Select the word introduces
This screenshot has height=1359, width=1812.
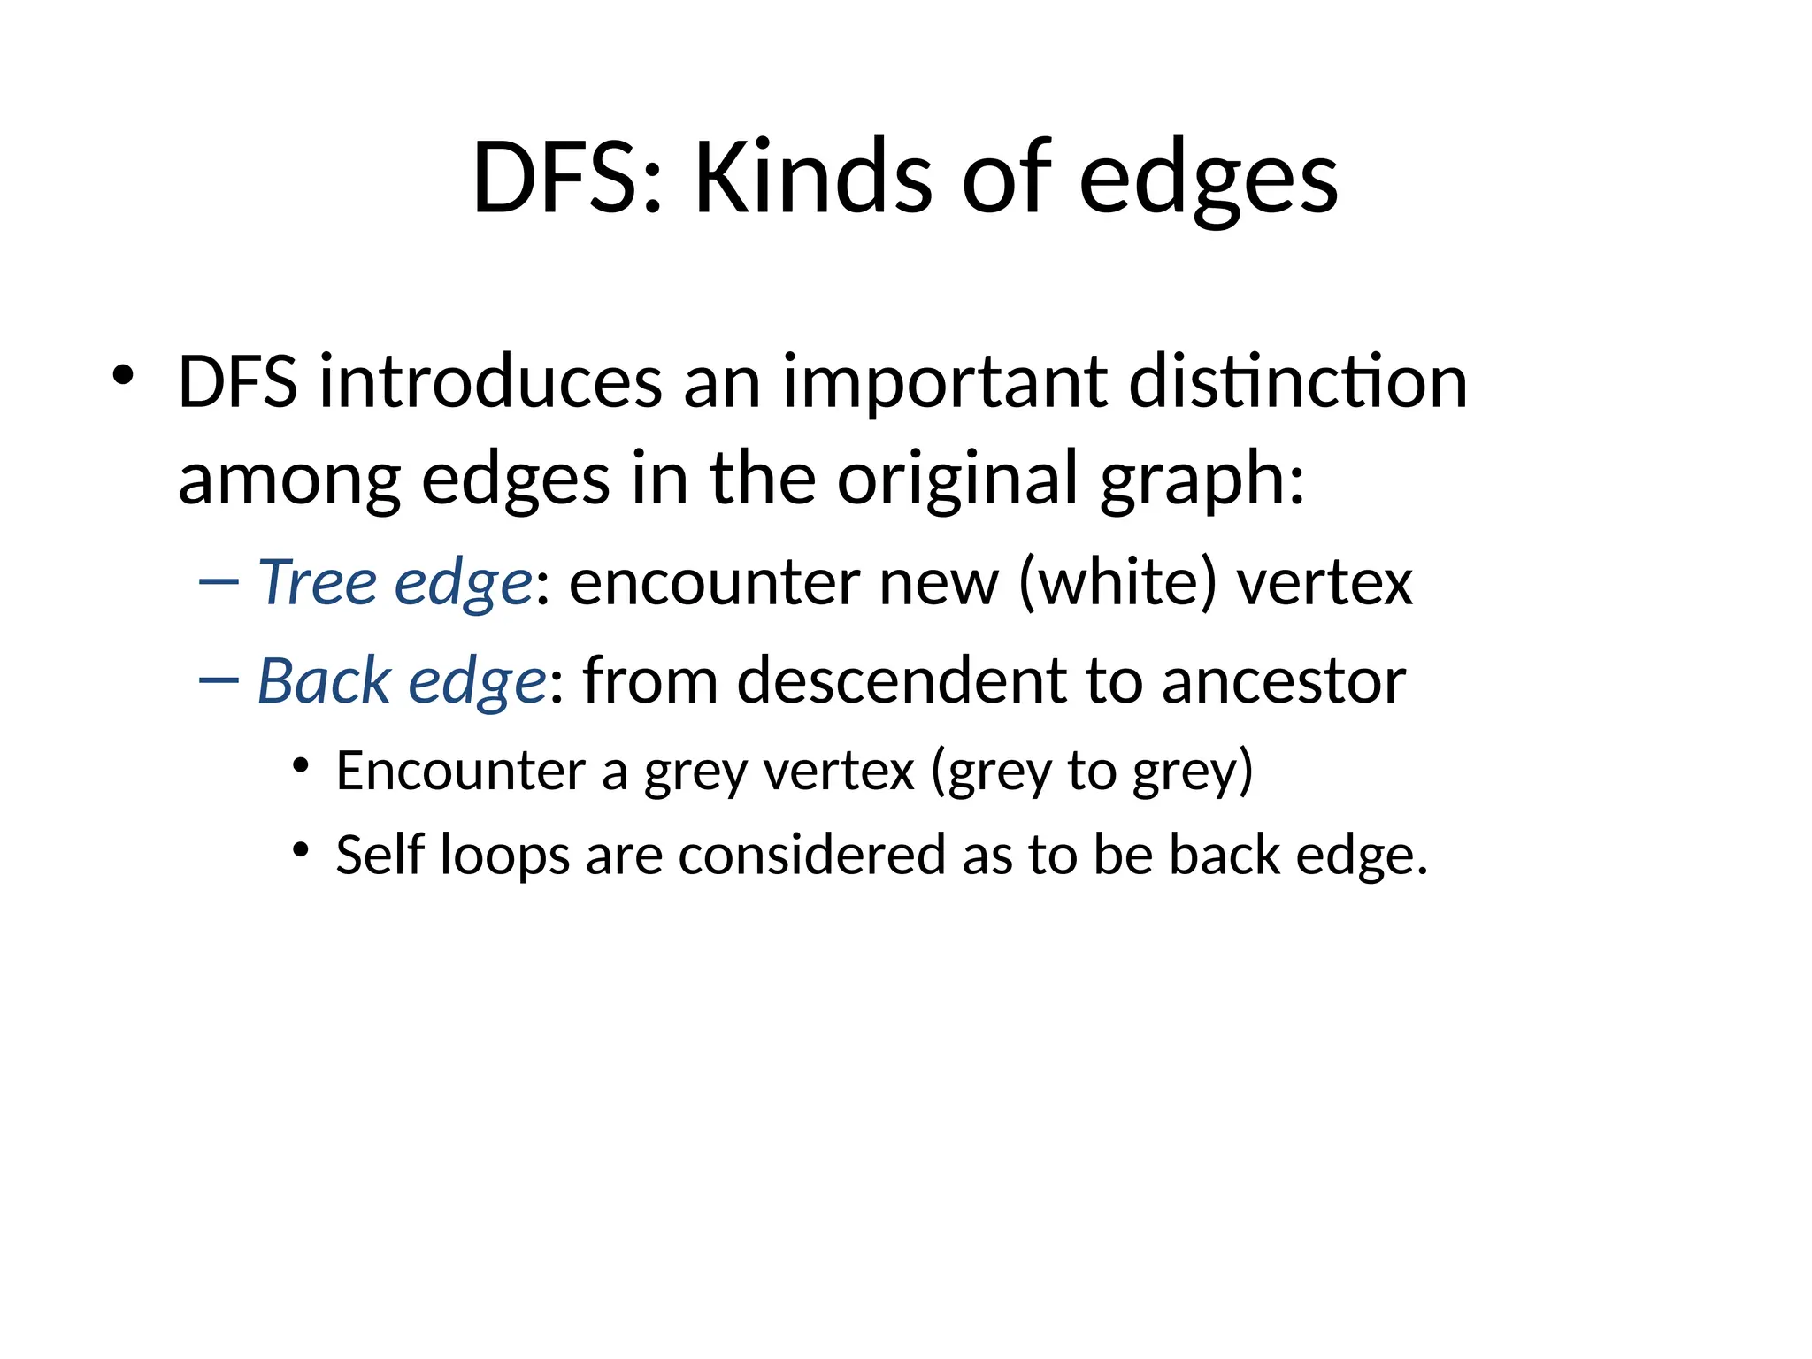pyautogui.click(x=490, y=381)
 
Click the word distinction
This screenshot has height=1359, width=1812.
pyautogui.click(x=1298, y=381)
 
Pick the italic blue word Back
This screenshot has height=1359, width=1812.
pyautogui.click(x=324, y=680)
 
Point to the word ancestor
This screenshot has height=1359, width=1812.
pyautogui.click(x=1283, y=682)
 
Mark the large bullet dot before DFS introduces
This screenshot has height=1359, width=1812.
pyautogui.click(x=123, y=375)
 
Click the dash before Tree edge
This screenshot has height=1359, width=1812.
pyautogui.click(x=219, y=582)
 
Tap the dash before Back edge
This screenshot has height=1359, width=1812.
pyautogui.click(x=219, y=679)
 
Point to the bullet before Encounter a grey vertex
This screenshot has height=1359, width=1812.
pyautogui.click(x=302, y=765)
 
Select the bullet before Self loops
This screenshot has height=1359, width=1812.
pyautogui.click(x=302, y=850)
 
